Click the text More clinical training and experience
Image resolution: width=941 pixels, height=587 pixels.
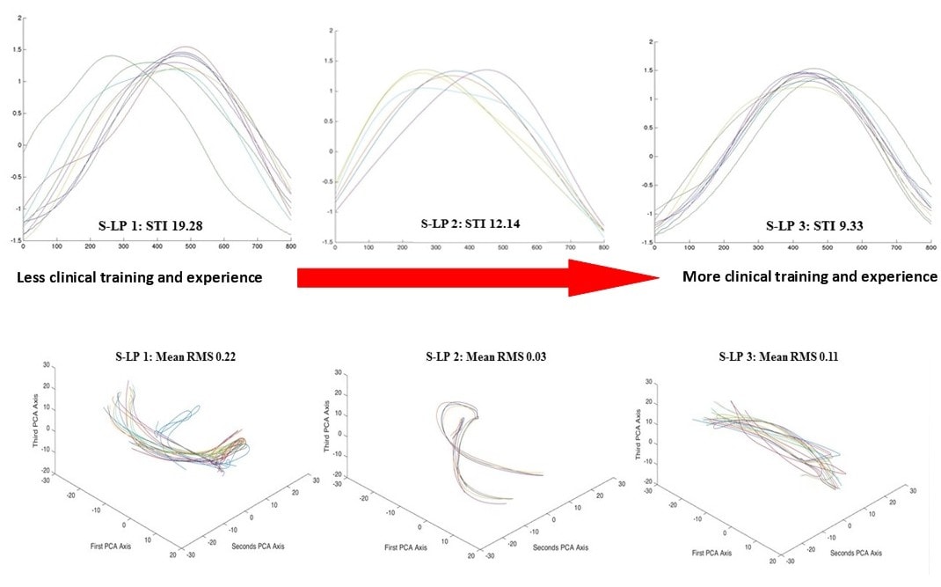[x=810, y=276]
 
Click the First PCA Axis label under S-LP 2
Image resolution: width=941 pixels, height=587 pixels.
[x=407, y=547]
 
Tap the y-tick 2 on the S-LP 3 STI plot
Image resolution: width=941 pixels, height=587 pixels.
[x=649, y=41]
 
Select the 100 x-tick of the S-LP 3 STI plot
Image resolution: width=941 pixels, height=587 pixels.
[x=687, y=250]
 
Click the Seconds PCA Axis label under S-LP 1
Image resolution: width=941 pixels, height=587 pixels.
[x=259, y=546]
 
